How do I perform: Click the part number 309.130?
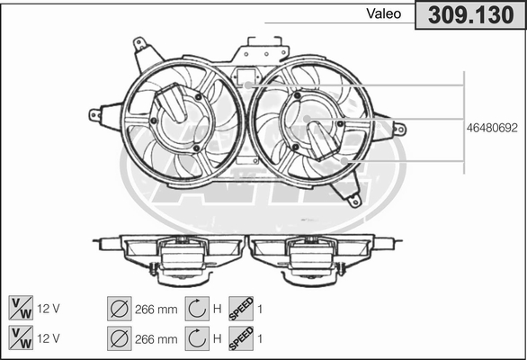(x=471, y=15)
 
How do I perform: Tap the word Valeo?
(x=383, y=13)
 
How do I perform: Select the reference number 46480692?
(x=492, y=128)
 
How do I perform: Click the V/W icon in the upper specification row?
(x=21, y=308)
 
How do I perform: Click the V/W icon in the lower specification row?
(x=21, y=338)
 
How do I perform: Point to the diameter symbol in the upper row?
(x=120, y=309)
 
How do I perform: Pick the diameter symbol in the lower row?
(x=120, y=338)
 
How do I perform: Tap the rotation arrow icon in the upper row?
(x=197, y=309)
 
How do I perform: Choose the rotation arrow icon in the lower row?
(x=197, y=338)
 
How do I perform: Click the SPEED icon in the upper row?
(x=241, y=309)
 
